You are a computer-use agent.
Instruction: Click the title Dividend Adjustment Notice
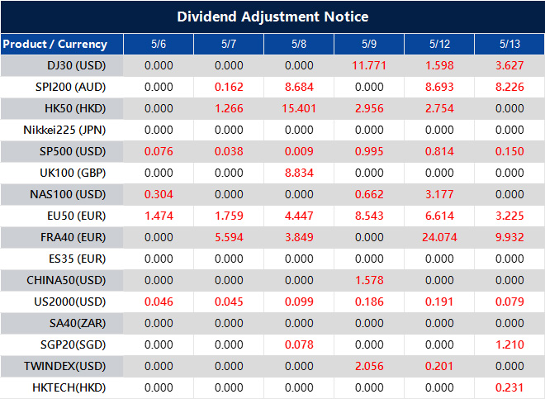coord(272,17)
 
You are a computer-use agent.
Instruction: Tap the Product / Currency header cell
coord(54,44)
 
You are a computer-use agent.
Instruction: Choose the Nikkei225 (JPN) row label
coord(65,130)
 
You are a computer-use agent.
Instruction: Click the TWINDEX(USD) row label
coord(65,365)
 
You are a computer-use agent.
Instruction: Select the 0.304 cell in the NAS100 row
coord(159,194)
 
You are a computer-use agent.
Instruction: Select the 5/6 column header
coord(159,44)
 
